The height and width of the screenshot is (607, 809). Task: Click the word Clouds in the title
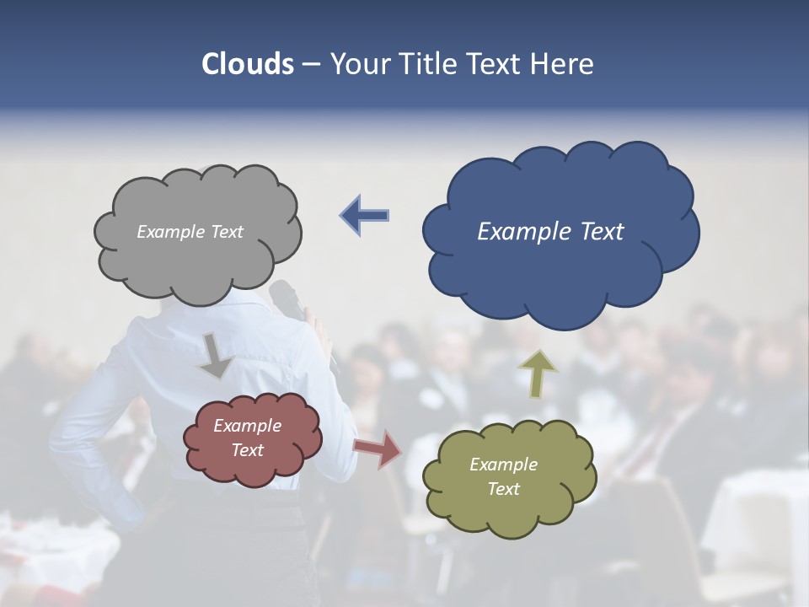coord(248,64)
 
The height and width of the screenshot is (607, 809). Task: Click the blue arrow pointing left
coord(364,215)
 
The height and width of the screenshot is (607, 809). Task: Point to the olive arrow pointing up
coord(538,373)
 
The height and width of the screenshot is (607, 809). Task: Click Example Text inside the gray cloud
coord(190,232)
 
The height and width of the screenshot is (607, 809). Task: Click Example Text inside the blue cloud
coord(550,232)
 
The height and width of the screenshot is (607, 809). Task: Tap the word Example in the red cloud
coord(247,426)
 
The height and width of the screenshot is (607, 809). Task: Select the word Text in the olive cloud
coord(503,489)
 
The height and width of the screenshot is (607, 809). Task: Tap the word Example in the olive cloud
coord(503,465)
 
